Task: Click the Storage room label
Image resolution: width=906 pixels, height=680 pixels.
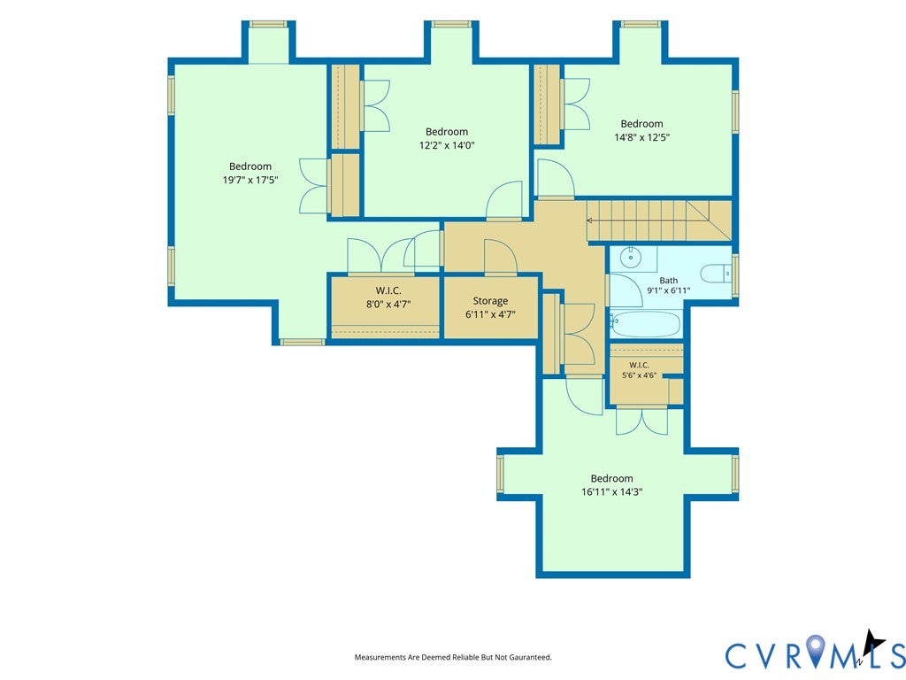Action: [490, 301]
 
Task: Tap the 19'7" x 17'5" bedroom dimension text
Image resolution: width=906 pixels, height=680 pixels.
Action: [250, 180]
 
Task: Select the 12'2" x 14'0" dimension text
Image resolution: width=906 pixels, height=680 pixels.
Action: [447, 145]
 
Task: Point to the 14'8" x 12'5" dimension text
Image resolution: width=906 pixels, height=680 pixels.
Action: [642, 137]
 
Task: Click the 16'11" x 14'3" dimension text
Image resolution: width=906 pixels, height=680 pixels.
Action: [612, 492]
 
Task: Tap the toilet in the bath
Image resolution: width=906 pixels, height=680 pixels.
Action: [716, 273]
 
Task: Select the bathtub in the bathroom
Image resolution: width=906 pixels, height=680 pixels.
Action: [645, 324]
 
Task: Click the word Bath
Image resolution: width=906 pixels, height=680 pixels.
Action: [669, 281]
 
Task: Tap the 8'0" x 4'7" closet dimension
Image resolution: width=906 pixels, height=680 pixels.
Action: [388, 304]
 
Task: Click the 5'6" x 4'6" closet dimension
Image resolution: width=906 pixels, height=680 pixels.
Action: [639, 375]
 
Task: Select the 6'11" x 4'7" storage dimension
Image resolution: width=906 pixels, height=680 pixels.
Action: [490, 314]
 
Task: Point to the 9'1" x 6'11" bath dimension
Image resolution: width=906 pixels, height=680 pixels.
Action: [669, 290]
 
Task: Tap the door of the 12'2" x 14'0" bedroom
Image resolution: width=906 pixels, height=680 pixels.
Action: [503, 201]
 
